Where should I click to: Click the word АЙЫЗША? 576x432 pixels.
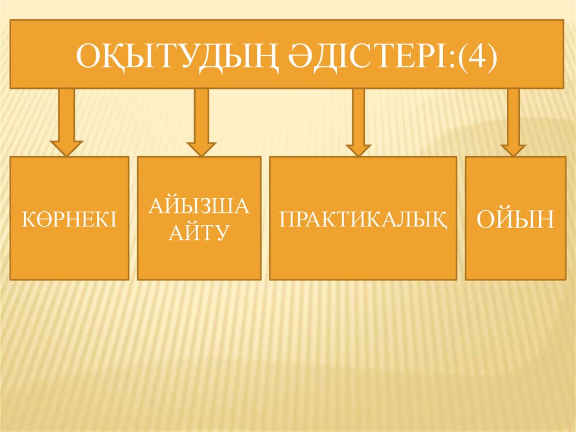[x=199, y=207]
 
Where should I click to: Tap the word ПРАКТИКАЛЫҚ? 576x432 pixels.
[x=363, y=219]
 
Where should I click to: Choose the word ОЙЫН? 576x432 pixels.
[x=515, y=219]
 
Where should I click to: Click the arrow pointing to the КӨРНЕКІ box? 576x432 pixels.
[x=66, y=121]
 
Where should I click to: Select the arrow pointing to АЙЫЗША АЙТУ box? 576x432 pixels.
[x=201, y=121]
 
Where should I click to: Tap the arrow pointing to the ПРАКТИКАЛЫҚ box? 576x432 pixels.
[x=358, y=121]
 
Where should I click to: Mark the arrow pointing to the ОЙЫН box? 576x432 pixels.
[x=513, y=121]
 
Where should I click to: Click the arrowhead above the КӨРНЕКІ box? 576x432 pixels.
[x=66, y=148]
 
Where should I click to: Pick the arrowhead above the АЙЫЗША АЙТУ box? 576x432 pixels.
[x=201, y=148]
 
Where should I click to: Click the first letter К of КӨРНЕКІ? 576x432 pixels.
[x=28, y=219]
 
